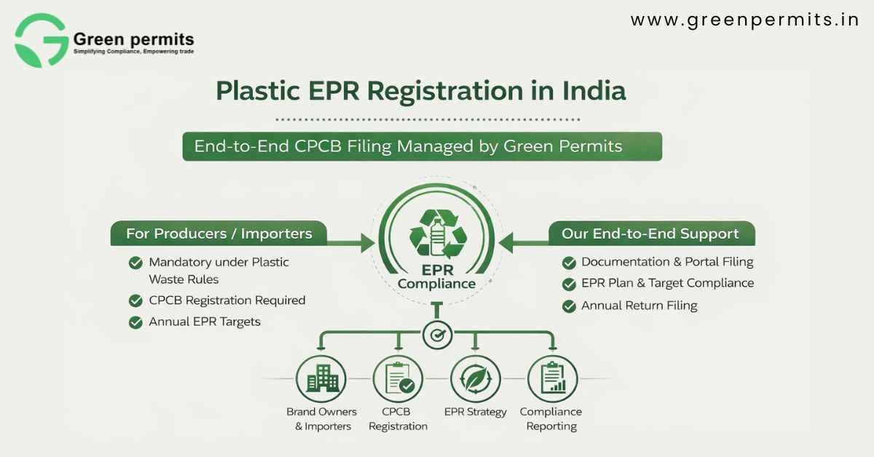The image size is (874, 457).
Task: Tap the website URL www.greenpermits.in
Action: [744, 20]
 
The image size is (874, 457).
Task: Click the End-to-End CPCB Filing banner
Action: [422, 146]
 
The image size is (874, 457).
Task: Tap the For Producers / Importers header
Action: [219, 234]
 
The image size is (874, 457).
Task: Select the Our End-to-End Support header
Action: [650, 234]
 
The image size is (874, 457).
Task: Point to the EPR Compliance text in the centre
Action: [437, 277]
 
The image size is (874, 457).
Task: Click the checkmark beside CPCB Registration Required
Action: [135, 301]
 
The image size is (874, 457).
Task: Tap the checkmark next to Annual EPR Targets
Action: [135, 322]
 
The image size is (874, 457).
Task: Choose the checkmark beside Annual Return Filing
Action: [570, 306]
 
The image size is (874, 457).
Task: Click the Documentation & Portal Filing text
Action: [667, 262]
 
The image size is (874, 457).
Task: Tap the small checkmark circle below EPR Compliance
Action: [437, 335]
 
